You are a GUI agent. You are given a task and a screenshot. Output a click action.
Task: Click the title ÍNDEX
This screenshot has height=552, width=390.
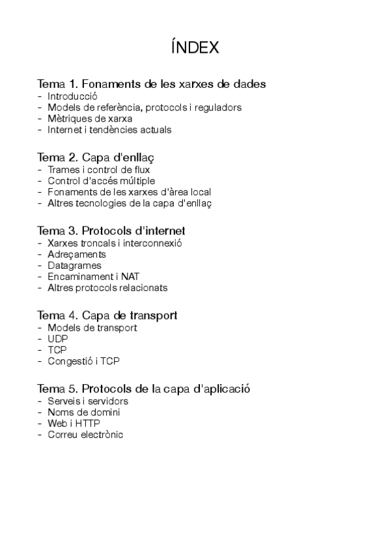tap(195, 48)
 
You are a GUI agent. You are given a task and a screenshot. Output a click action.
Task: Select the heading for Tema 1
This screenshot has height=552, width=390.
tap(152, 84)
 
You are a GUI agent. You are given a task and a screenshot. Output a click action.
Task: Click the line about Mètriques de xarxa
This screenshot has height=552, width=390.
tap(89, 118)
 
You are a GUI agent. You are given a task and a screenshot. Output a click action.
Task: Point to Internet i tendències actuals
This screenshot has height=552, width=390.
tap(109, 130)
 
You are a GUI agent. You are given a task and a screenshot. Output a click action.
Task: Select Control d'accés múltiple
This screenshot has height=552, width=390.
tap(101, 181)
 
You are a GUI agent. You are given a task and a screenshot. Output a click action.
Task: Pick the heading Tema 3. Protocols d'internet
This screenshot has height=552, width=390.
tap(112, 231)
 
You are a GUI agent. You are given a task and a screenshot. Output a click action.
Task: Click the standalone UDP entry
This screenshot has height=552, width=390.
tap(57, 339)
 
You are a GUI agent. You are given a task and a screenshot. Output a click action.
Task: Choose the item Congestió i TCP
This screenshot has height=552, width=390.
tap(83, 361)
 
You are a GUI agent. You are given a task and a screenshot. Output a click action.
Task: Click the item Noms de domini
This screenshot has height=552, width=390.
tap(83, 412)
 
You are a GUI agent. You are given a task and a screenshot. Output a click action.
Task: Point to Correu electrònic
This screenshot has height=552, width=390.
tap(85, 434)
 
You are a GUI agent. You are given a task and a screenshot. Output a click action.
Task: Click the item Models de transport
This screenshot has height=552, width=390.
tap(92, 328)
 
